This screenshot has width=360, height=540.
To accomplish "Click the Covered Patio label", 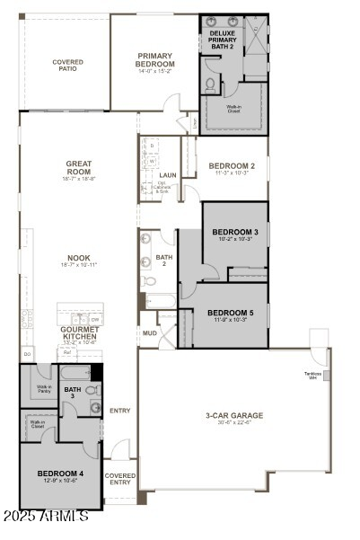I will click(x=68, y=65).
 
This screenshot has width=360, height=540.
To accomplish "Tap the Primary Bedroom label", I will click(x=154, y=59).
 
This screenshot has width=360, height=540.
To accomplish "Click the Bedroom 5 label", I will click(x=235, y=312).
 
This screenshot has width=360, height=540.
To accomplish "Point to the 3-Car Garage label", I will click(x=234, y=415).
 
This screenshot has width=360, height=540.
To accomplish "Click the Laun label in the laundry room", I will click(x=167, y=175).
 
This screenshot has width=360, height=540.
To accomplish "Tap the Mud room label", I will click(x=148, y=332).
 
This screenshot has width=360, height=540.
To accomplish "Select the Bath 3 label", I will click(x=72, y=392).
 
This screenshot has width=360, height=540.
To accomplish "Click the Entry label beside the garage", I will click(x=119, y=411).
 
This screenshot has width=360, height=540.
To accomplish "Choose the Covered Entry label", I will click(x=120, y=479).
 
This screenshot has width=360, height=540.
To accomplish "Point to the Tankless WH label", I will click(x=312, y=375).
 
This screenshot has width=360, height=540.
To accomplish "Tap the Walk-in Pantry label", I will click(x=43, y=389).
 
